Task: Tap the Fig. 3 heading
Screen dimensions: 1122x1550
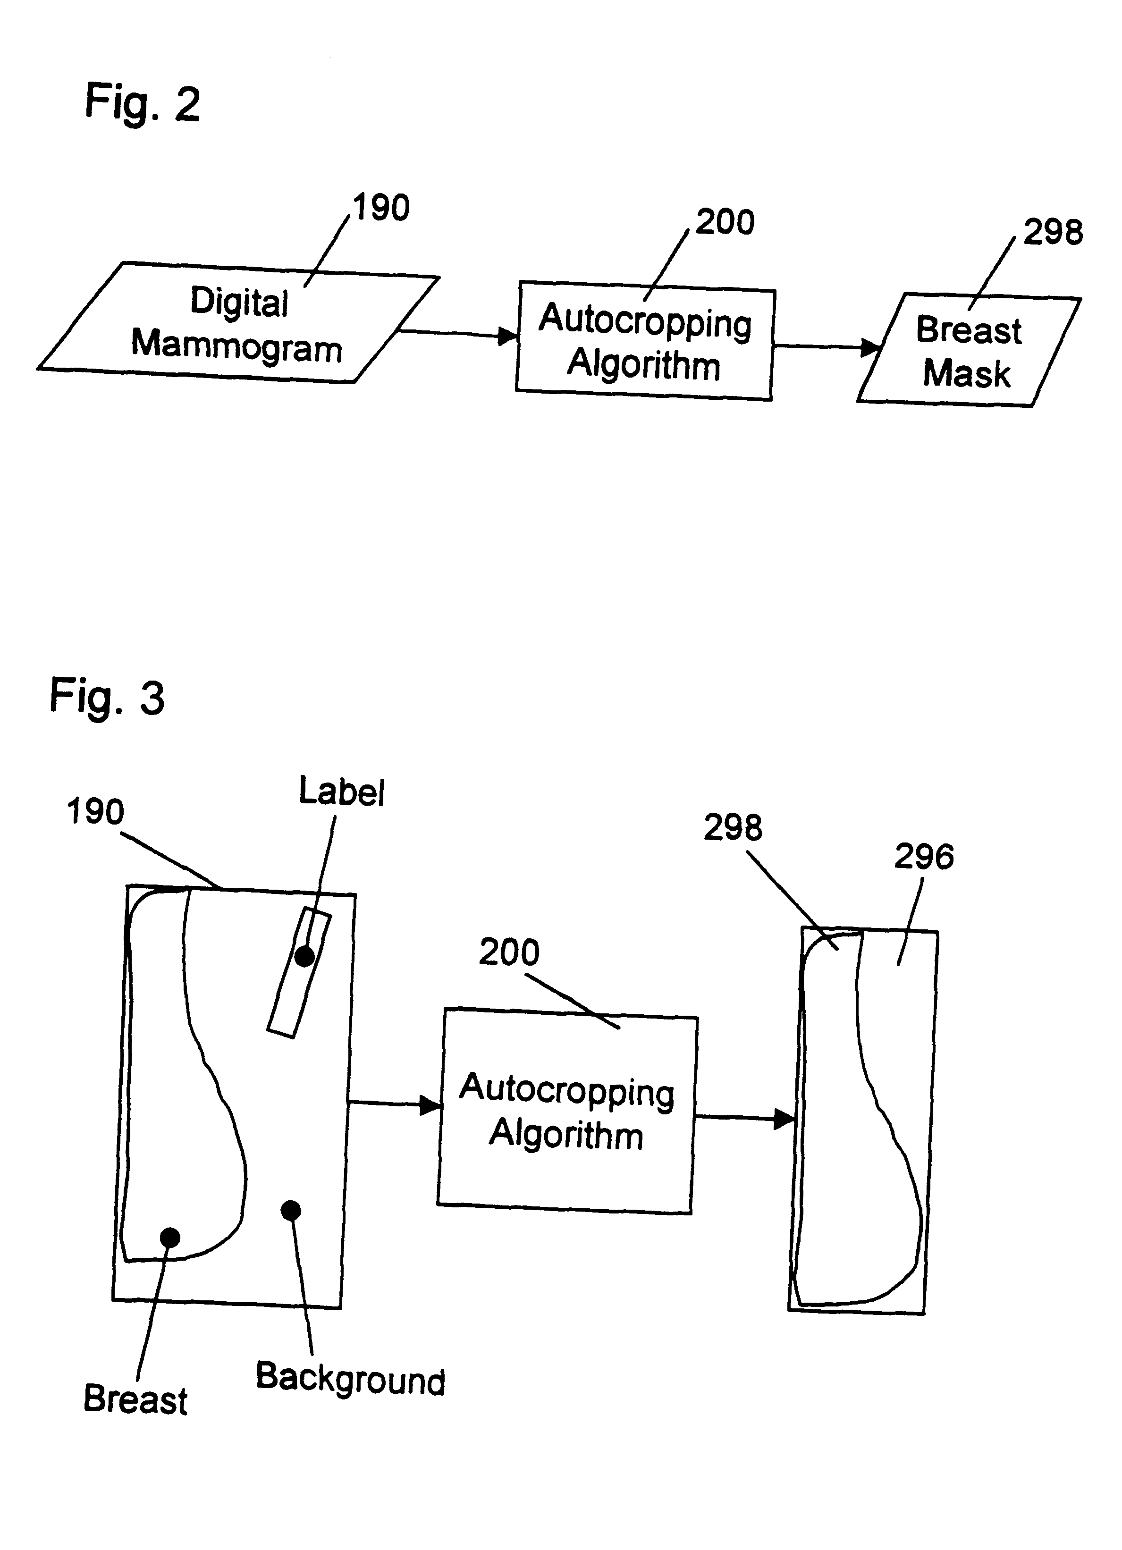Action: click(107, 697)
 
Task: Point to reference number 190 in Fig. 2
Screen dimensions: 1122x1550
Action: click(380, 207)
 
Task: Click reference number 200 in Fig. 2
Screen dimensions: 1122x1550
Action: click(725, 222)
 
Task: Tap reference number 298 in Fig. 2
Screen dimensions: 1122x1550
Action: click(1053, 232)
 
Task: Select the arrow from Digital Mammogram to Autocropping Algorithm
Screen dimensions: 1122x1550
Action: click(458, 334)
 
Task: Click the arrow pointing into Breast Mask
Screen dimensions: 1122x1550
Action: click(827, 346)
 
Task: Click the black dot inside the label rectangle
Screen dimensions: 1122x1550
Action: click(304, 956)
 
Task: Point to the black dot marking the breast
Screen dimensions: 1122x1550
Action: click(169, 1237)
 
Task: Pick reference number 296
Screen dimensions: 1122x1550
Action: click(924, 856)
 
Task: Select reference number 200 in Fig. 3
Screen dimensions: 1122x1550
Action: click(509, 952)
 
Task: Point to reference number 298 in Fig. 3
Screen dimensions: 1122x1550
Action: click(733, 827)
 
